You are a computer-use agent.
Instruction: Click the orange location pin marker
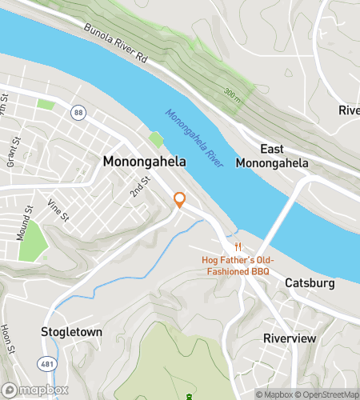180,200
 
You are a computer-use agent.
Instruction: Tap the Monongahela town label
144,162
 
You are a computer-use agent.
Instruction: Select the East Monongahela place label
272,156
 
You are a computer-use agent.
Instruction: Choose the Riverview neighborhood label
290,338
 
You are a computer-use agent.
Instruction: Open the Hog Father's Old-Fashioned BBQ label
234,266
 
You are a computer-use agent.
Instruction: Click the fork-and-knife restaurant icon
237,246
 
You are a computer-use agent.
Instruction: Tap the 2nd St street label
140,188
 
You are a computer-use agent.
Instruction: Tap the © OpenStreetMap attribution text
328,394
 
